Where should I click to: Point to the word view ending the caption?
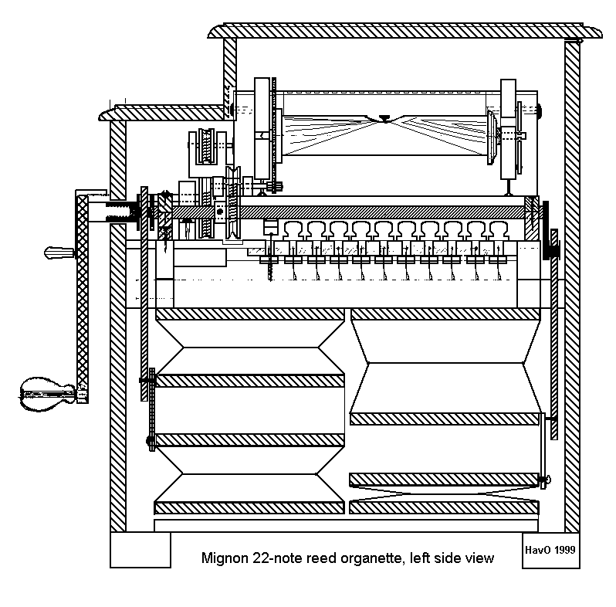click(x=479, y=557)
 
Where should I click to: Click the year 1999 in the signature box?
click(x=565, y=549)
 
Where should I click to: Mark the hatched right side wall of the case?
click(x=571, y=286)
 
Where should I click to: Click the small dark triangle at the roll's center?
click(x=384, y=119)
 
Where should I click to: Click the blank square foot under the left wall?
click(x=140, y=549)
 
